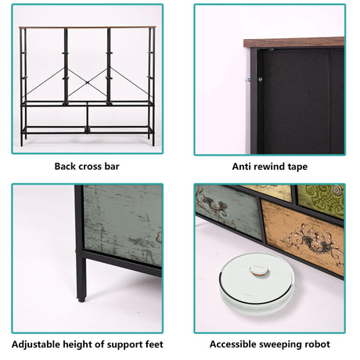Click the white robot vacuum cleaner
point(257,283)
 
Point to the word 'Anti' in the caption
point(239,167)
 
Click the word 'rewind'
point(267,167)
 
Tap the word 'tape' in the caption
point(297,167)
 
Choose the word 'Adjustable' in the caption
point(36,344)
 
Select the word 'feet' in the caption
point(153,344)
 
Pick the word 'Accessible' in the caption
point(232,344)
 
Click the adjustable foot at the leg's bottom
point(81,299)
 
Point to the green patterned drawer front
point(321,200)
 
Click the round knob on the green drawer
point(337,189)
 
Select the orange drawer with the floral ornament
point(303,237)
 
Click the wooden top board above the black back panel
point(293,42)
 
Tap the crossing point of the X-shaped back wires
point(87,82)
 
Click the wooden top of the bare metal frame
point(87,27)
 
